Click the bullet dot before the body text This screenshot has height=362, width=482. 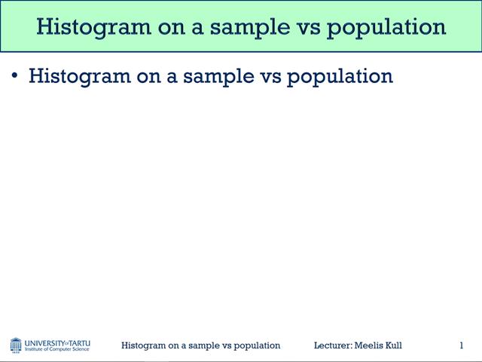(x=14, y=75)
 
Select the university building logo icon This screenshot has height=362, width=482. (x=16, y=345)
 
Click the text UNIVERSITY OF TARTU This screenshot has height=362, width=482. (x=58, y=342)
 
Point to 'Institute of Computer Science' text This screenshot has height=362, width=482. (x=57, y=350)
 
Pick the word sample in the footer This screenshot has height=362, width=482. (x=200, y=345)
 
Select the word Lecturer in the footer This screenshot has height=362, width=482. (x=332, y=345)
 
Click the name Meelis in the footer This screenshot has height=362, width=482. (x=369, y=345)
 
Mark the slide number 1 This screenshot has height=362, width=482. (x=461, y=345)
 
